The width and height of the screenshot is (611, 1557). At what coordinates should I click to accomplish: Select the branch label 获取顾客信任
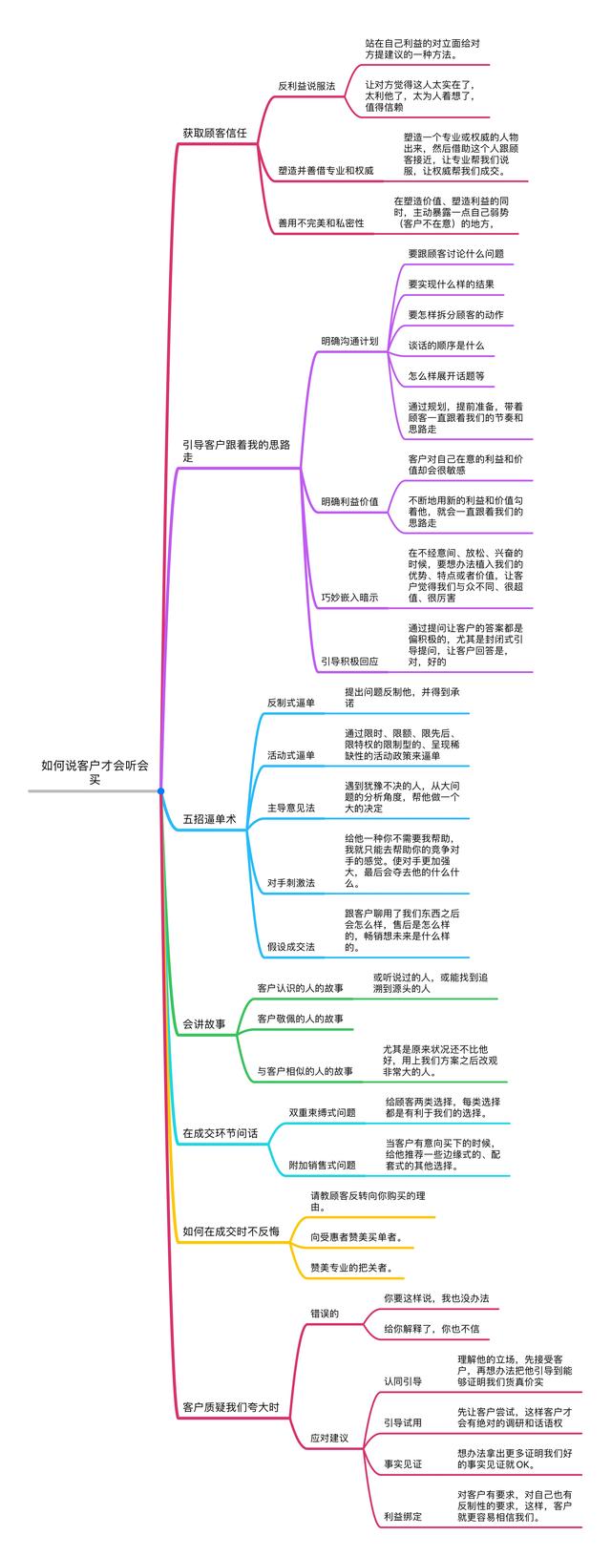click(x=215, y=134)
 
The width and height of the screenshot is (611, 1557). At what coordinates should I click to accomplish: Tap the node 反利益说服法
click(x=306, y=86)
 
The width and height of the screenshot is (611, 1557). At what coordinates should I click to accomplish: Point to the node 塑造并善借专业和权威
click(x=326, y=170)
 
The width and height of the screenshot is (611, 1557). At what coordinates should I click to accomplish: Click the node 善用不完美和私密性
click(x=321, y=222)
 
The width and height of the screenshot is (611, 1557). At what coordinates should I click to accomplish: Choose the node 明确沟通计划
click(x=349, y=341)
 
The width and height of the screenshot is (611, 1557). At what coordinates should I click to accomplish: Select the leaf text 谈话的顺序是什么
click(x=446, y=346)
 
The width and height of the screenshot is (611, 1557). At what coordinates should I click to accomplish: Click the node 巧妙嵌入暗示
click(x=349, y=598)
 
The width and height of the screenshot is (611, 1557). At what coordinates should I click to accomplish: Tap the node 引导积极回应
click(x=349, y=661)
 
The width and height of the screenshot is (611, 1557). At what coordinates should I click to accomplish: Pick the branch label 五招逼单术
click(x=216, y=819)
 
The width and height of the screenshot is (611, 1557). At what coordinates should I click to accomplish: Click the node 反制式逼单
click(x=291, y=703)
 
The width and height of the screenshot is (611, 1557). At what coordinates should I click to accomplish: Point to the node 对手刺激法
click(x=291, y=883)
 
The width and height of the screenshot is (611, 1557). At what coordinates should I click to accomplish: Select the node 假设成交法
click(x=291, y=947)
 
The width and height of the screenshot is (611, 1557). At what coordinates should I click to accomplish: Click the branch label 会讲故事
click(x=204, y=1024)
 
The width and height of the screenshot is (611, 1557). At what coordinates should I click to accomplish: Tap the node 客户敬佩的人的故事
click(x=301, y=1020)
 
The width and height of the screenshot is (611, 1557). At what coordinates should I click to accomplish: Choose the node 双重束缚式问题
click(x=322, y=1112)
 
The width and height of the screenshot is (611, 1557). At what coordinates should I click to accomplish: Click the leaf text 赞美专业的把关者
click(x=351, y=1269)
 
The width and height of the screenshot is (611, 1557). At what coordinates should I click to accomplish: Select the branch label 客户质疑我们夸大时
click(x=230, y=1406)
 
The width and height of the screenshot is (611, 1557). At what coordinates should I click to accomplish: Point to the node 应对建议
click(x=329, y=1438)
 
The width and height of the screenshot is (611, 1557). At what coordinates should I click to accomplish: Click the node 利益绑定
click(x=402, y=1516)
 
